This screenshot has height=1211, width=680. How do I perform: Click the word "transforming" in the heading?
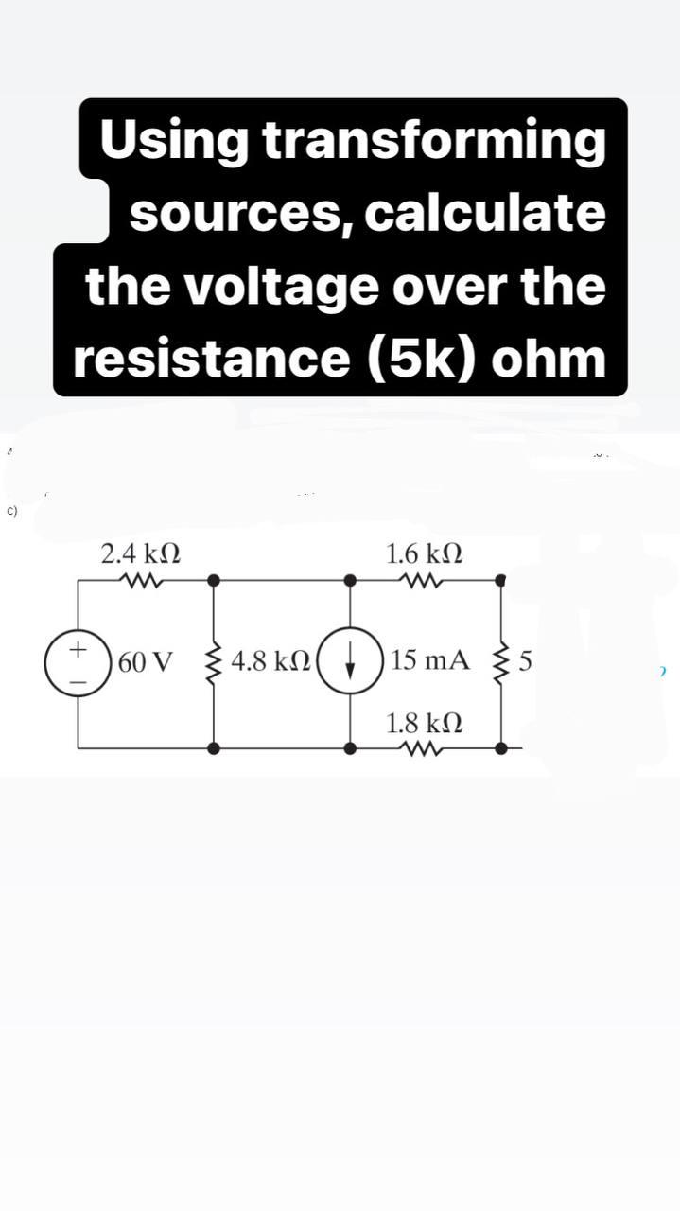click(432, 142)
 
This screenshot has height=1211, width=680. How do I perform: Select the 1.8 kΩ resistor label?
click(426, 725)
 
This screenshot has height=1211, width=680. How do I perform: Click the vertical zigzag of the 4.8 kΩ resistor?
click(215, 660)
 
